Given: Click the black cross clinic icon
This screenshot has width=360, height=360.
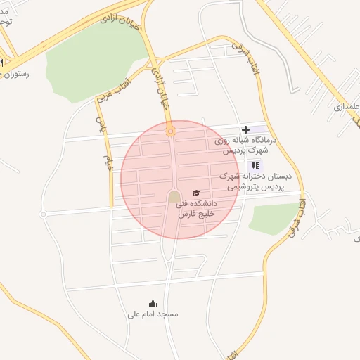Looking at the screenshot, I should click(245, 129).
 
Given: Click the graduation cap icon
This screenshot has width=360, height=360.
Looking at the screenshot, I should click(196, 193).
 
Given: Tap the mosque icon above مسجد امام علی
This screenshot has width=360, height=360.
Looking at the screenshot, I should click(153, 304).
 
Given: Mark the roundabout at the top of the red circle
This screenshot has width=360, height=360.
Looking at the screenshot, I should click(170, 131).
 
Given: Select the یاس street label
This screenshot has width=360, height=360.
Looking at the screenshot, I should click(100, 127).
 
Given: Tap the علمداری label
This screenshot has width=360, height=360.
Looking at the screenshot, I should click(347, 107).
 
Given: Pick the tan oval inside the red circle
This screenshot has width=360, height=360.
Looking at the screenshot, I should click(174, 197).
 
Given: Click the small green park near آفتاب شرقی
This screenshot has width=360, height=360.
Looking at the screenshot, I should click(274, 217).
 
